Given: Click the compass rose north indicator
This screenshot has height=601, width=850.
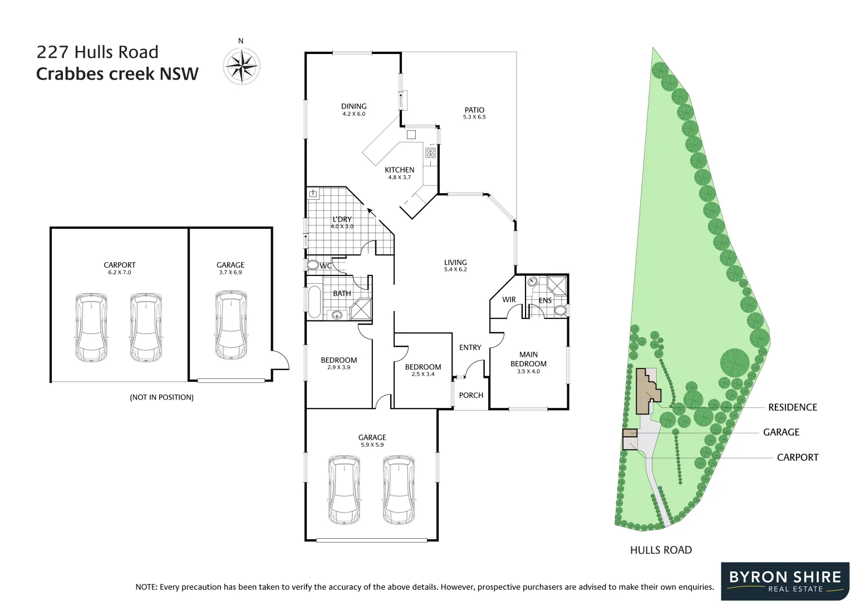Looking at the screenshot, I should [x=241, y=65].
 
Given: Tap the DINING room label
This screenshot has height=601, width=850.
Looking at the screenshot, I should [x=353, y=106].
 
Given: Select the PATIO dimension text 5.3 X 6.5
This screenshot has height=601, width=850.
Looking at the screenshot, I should [x=474, y=117].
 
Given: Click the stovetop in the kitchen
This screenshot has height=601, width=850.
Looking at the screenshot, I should [x=430, y=152].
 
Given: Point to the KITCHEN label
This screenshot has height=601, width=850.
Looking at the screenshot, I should [x=399, y=170].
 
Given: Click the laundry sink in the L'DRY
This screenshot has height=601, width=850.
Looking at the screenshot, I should [x=313, y=194].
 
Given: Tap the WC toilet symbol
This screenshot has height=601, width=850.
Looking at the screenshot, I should [x=312, y=265].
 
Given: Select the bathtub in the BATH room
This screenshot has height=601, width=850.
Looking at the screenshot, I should [x=314, y=302].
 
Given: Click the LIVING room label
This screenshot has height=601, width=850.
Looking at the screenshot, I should [x=455, y=262].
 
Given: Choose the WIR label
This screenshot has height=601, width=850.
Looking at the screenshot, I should [x=509, y=299].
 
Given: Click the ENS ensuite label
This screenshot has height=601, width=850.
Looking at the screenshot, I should [x=545, y=300].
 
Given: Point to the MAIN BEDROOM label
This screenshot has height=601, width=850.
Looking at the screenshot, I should [x=528, y=359].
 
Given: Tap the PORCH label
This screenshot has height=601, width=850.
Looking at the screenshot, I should [x=471, y=395].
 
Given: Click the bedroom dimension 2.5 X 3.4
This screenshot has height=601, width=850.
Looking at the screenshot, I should [x=423, y=375].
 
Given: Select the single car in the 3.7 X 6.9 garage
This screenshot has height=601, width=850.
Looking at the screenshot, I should [x=230, y=325].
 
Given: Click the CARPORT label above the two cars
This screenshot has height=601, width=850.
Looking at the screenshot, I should [x=120, y=265].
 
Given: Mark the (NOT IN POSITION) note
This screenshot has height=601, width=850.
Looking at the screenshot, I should [x=161, y=397].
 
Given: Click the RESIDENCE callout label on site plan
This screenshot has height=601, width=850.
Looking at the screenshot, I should [x=792, y=407].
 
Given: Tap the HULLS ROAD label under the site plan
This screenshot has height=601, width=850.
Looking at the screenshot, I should [x=661, y=550].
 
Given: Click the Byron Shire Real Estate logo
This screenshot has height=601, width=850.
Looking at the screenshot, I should [x=785, y=581].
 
